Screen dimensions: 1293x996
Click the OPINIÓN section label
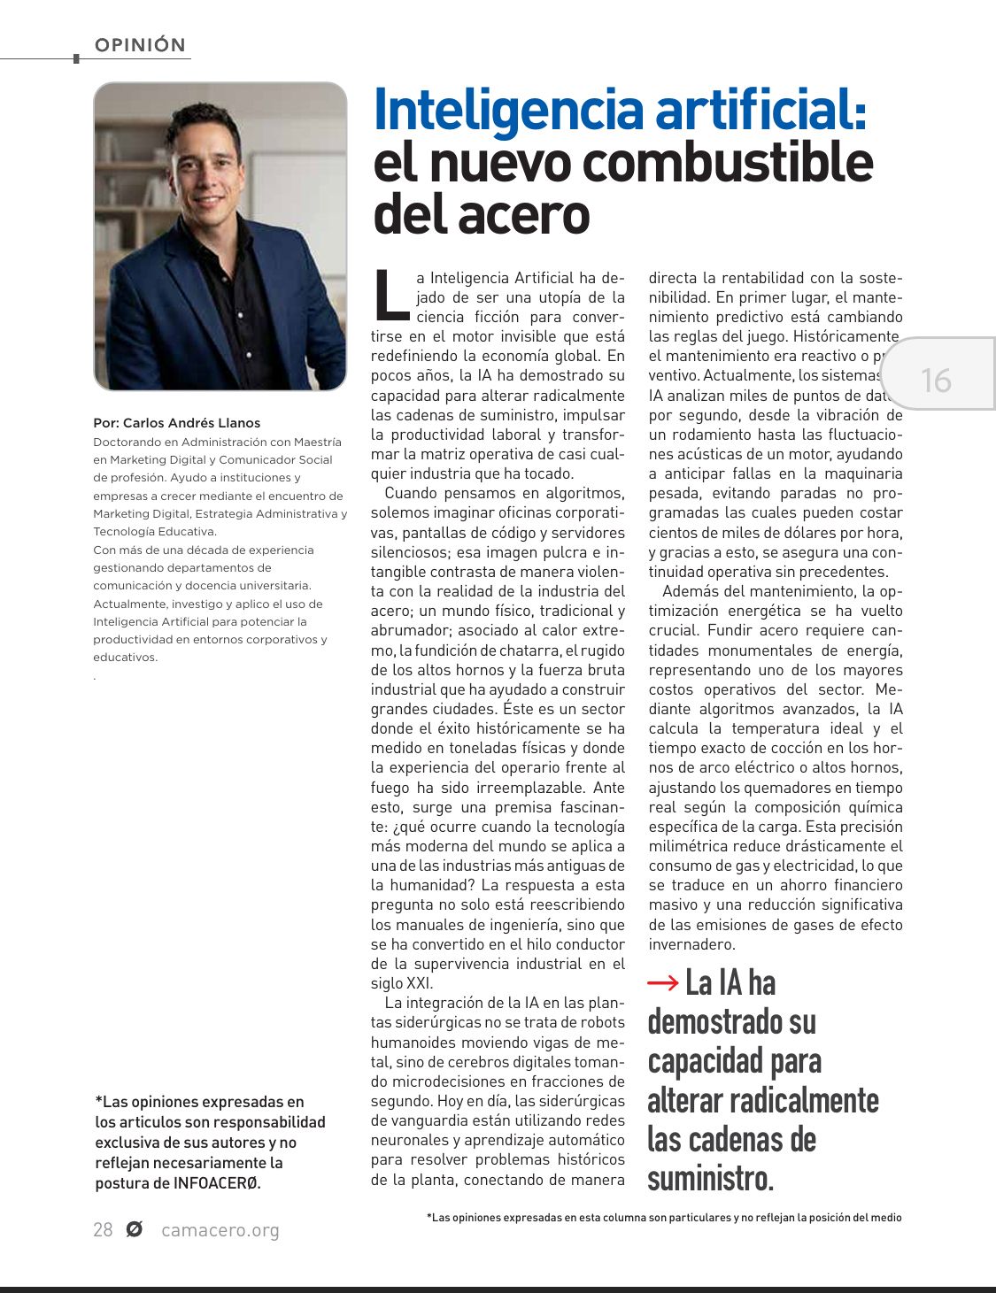click(140, 45)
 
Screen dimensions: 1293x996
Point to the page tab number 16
click(936, 381)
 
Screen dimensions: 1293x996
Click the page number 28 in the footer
click(103, 1230)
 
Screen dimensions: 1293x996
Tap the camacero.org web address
click(220, 1230)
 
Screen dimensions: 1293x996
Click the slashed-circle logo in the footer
click(135, 1229)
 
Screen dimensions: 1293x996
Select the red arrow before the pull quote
click(663, 982)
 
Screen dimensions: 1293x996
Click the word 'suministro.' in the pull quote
click(710, 1178)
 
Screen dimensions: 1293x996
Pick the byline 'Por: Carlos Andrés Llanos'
click(177, 423)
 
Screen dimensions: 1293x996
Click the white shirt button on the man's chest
click(240, 315)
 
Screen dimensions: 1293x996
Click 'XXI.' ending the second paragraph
click(420, 983)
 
